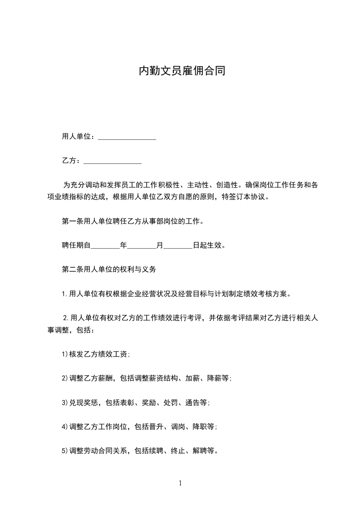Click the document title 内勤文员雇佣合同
(x=182, y=71)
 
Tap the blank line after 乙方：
(x=113, y=161)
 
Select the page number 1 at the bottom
(x=180, y=483)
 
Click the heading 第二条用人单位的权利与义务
(x=109, y=269)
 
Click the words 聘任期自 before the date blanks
(x=76, y=246)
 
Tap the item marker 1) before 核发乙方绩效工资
(x=64, y=355)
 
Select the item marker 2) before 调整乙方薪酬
(x=64, y=378)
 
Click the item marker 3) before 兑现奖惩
(x=64, y=402)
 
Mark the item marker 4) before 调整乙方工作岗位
(x=64, y=427)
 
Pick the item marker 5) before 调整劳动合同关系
(x=64, y=451)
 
